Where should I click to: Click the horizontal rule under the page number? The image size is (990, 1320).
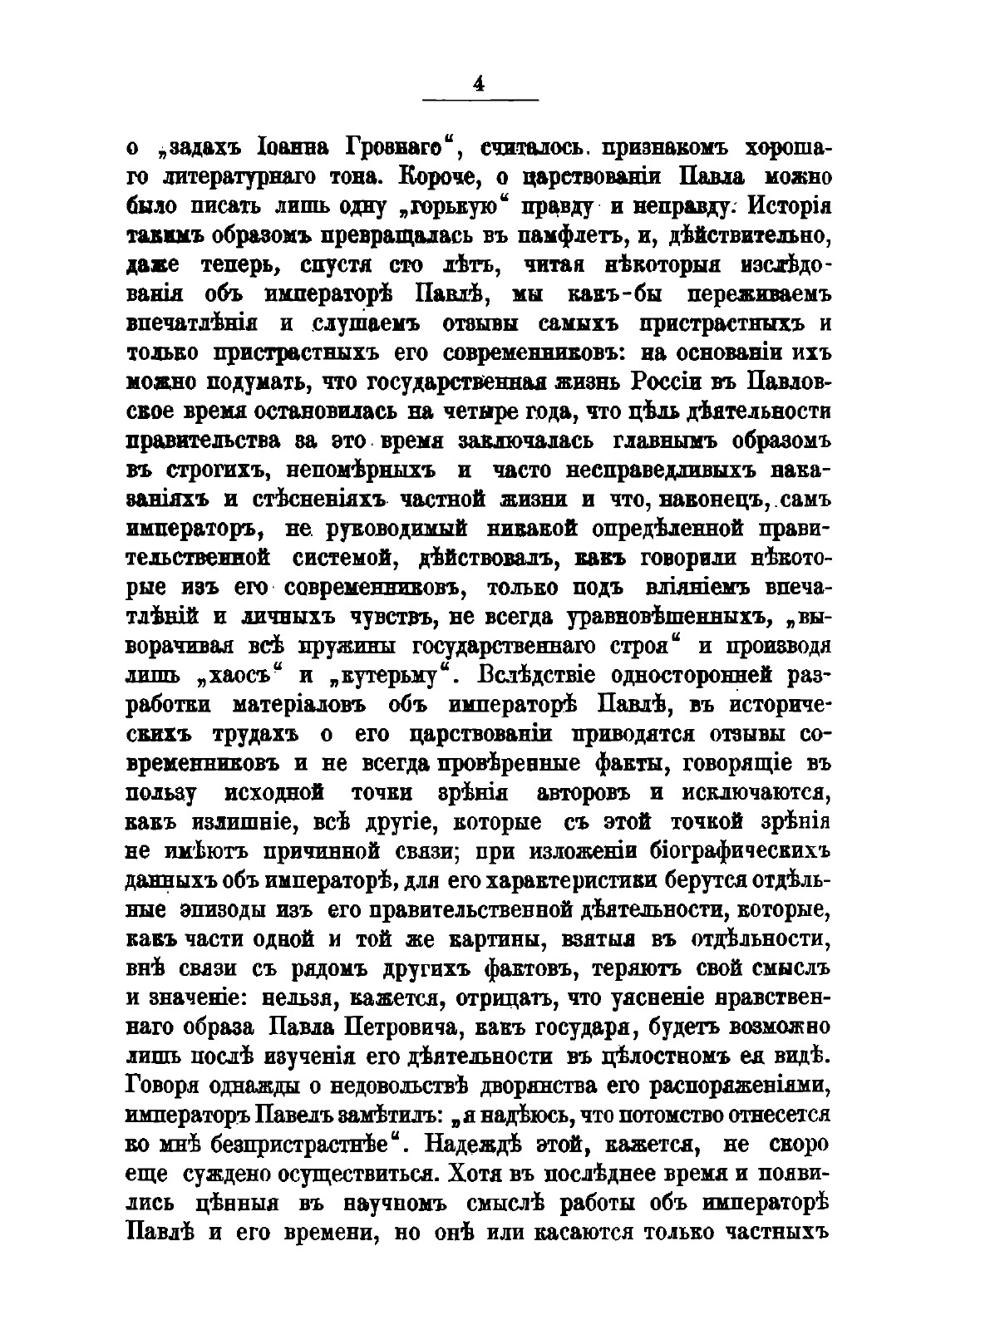pos(480,101)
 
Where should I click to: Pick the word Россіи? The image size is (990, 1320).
pos(682,382)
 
